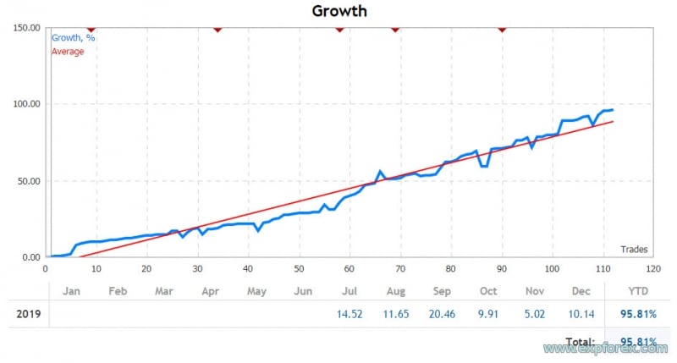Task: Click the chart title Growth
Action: tap(339, 11)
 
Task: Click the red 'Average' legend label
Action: tap(68, 52)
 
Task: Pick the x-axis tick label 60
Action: tap(350, 268)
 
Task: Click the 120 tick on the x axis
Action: tap(653, 268)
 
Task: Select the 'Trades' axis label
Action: tap(634, 249)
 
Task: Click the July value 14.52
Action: tap(350, 314)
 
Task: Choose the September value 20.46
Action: tap(443, 314)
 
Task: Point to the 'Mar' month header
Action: tap(163, 291)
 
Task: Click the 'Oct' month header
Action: tap(489, 291)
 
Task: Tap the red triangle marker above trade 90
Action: tap(502, 29)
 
